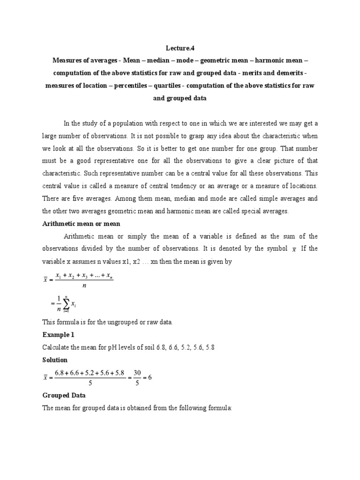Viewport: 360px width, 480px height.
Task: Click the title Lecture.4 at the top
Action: pos(180,47)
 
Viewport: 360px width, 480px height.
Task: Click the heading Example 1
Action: pos(58,335)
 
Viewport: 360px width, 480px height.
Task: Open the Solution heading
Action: pos(55,360)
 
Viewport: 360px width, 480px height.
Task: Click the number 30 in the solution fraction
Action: pos(138,373)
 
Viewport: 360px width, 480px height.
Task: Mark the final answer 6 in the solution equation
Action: pos(150,378)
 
